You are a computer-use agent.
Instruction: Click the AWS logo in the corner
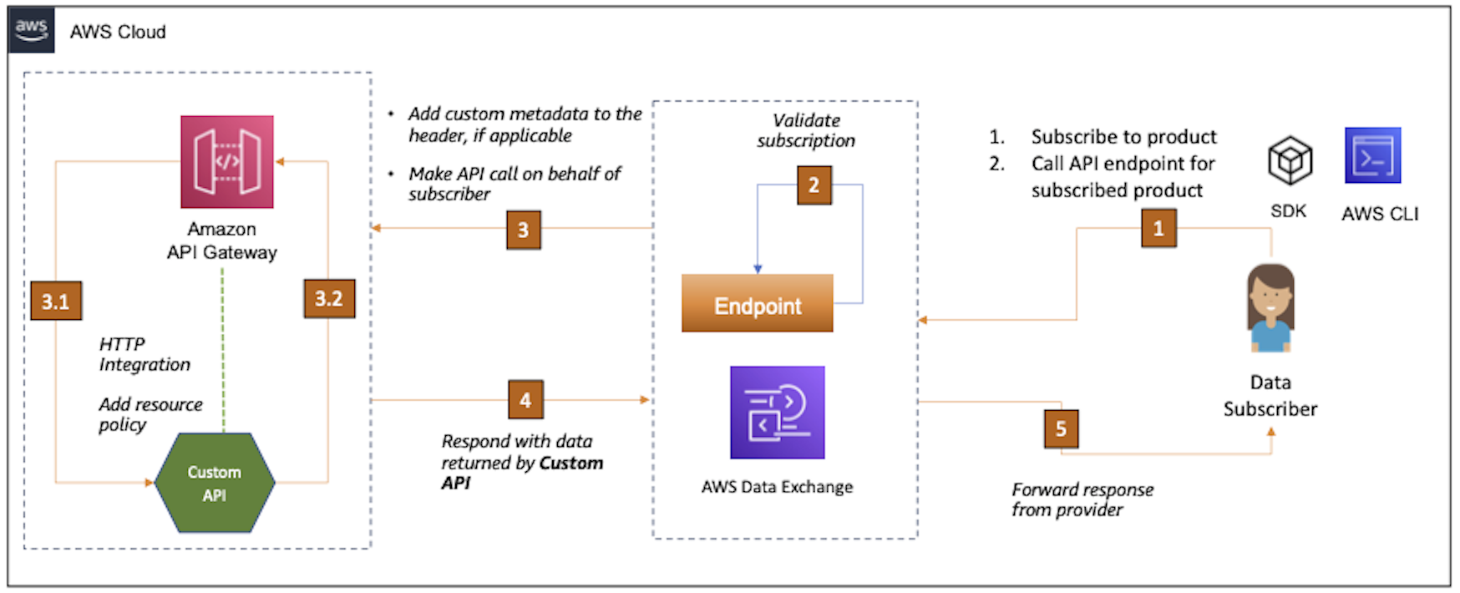click(31, 30)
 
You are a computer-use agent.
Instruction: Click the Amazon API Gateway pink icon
click(227, 161)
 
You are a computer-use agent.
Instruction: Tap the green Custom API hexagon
click(215, 483)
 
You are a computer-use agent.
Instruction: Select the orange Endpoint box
click(757, 304)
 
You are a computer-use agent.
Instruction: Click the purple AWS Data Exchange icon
click(777, 413)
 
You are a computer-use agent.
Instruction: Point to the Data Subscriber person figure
click(1270, 308)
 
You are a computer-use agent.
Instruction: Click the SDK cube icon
click(1290, 160)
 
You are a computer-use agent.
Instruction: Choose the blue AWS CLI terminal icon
click(1372, 156)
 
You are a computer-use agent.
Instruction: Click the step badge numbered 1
click(1158, 228)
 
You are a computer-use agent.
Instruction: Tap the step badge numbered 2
click(814, 185)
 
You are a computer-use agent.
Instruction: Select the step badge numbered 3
click(523, 230)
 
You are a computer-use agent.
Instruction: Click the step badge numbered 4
click(525, 400)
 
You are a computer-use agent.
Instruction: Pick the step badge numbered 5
click(1061, 429)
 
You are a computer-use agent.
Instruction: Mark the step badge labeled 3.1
click(56, 302)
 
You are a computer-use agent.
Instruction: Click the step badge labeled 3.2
click(328, 299)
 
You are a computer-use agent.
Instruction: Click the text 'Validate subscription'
click(806, 131)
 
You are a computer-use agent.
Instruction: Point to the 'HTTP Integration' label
click(144, 354)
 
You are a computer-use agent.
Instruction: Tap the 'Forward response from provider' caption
click(1082, 499)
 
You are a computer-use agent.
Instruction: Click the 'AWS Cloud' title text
click(118, 32)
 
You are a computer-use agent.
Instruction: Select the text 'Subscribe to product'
click(1123, 137)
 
